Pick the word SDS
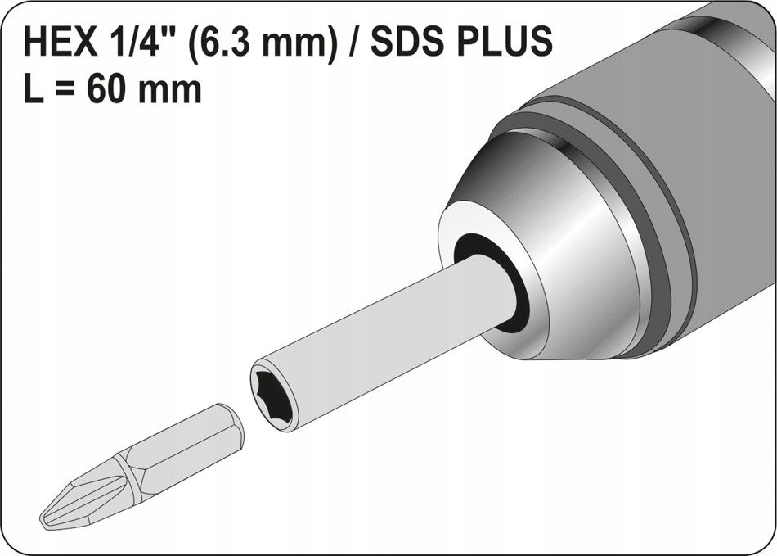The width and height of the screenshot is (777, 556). [x=407, y=42]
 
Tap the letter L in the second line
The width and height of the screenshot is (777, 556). [x=37, y=89]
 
